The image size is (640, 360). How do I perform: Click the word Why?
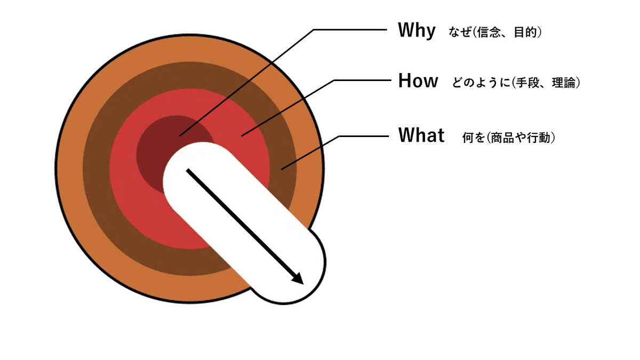point(417,31)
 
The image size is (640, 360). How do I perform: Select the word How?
point(418,81)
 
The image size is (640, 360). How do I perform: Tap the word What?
point(421,135)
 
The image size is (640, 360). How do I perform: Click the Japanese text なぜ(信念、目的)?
point(496,33)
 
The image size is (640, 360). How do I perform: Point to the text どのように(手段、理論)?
point(516,83)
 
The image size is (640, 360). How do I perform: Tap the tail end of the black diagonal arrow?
point(187,170)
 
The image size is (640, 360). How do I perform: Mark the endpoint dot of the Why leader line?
point(180,135)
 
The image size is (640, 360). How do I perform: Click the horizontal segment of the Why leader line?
point(349,29)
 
